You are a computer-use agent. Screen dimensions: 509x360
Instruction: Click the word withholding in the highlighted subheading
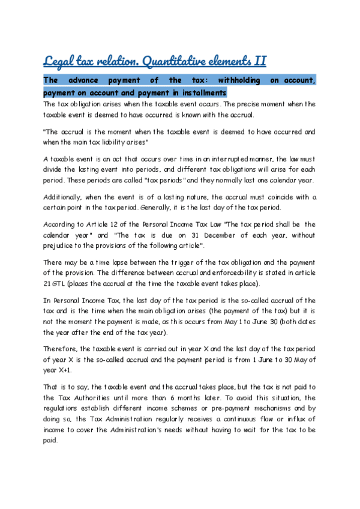pos(232,80)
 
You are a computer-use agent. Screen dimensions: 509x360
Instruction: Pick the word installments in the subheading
pos(202,93)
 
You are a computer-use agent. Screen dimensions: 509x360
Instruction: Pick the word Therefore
pos(61,349)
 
